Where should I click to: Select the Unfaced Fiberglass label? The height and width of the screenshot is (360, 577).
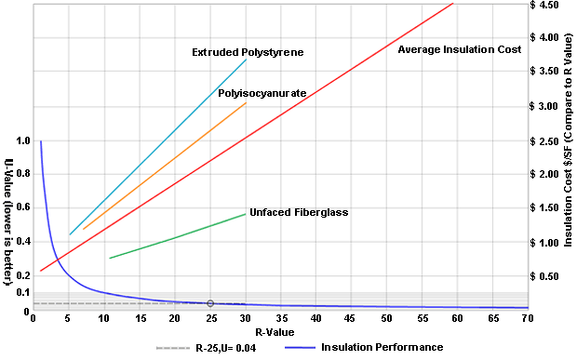pyautogui.click(x=298, y=212)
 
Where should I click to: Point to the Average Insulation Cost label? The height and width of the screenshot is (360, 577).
pyautogui.click(x=459, y=49)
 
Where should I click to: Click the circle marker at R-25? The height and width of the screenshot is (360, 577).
pyautogui.click(x=210, y=303)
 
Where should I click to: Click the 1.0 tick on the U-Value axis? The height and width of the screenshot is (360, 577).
pyautogui.click(x=22, y=141)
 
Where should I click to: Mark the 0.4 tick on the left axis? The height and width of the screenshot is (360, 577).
pyautogui.click(x=22, y=242)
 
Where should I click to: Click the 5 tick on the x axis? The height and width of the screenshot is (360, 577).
pyautogui.click(x=69, y=318)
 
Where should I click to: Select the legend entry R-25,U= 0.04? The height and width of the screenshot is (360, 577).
pyautogui.click(x=224, y=348)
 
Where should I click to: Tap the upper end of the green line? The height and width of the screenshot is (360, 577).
pyautogui.click(x=246, y=214)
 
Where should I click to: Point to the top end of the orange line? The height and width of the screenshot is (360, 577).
pyautogui.click(x=246, y=103)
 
